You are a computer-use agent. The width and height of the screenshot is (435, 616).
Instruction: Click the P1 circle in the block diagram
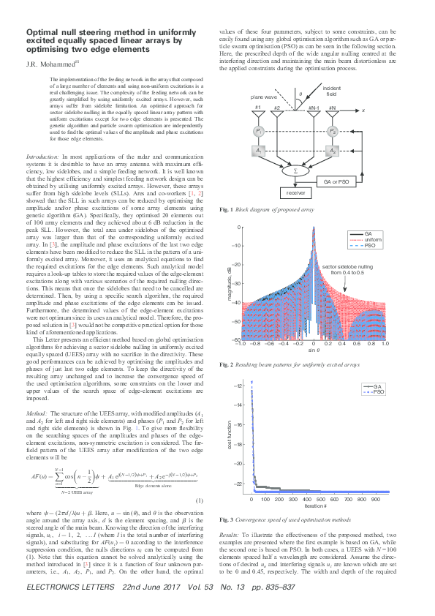point(259,131)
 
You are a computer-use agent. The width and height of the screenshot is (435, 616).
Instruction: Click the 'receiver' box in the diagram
point(296,194)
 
